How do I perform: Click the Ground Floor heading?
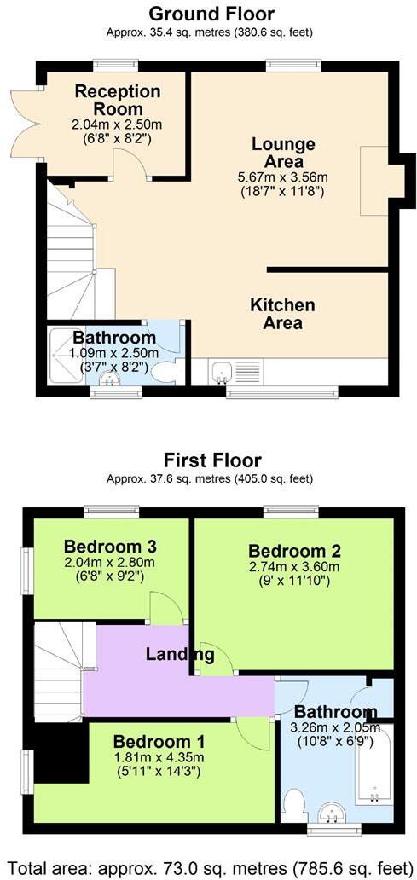[211, 14]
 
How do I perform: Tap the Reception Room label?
[118, 101]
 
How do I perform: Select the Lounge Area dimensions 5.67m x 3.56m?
[283, 177]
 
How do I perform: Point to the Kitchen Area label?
[282, 314]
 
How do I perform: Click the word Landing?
[179, 655]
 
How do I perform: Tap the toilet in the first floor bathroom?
[294, 804]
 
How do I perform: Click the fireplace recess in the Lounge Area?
[374, 181]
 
